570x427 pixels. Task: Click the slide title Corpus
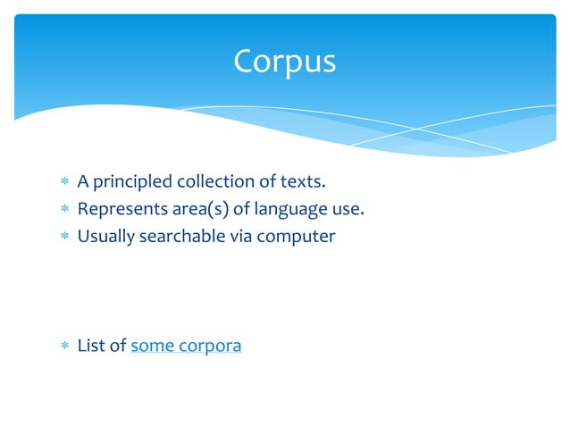coord(284,61)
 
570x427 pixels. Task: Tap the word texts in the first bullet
coord(302,183)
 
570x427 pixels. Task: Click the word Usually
coord(106,238)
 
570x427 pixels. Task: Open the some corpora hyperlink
coord(186,346)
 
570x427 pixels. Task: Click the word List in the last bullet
coord(91,346)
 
